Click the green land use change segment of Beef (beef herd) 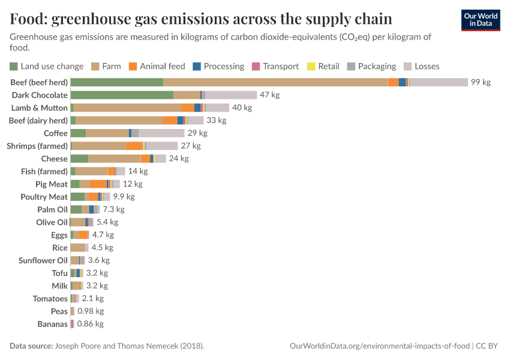click(x=117, y=82)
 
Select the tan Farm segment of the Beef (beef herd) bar click(x=275, y=82)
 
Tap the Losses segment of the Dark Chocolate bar click(x=231, y=95)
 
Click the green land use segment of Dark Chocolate click(x=122, y=95)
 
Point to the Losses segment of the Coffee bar click(x=161, y=133)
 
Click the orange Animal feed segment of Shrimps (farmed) click(x=134, y=146)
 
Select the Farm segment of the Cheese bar click(x=115, y=158)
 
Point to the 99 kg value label click(x=481, y=82)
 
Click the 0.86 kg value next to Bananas click(x=91, y=324)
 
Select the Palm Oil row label click(x=52, y=209)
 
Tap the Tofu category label click(x=59, y=273)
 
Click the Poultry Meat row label click(x=44, y=197)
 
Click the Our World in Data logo click(x=480, y=20)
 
